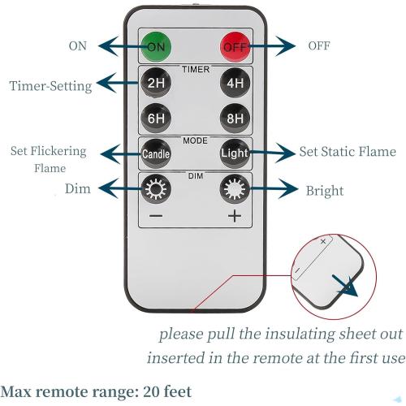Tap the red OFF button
point(235,46)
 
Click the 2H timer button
point(156,82)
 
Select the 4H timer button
point(235,82)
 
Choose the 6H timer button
point(156,118)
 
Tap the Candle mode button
point(156,153)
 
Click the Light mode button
point(235,153)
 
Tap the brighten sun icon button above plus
point(235,188)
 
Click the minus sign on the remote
point(156,216)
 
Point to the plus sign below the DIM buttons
point(235,216)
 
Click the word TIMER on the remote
point(196,69)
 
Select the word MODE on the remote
point(195,140)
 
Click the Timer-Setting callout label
point(50,86)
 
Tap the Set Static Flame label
point(348,152)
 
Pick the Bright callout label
point(325,191)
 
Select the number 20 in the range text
point(151,391)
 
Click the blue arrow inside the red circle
point(345,286)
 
